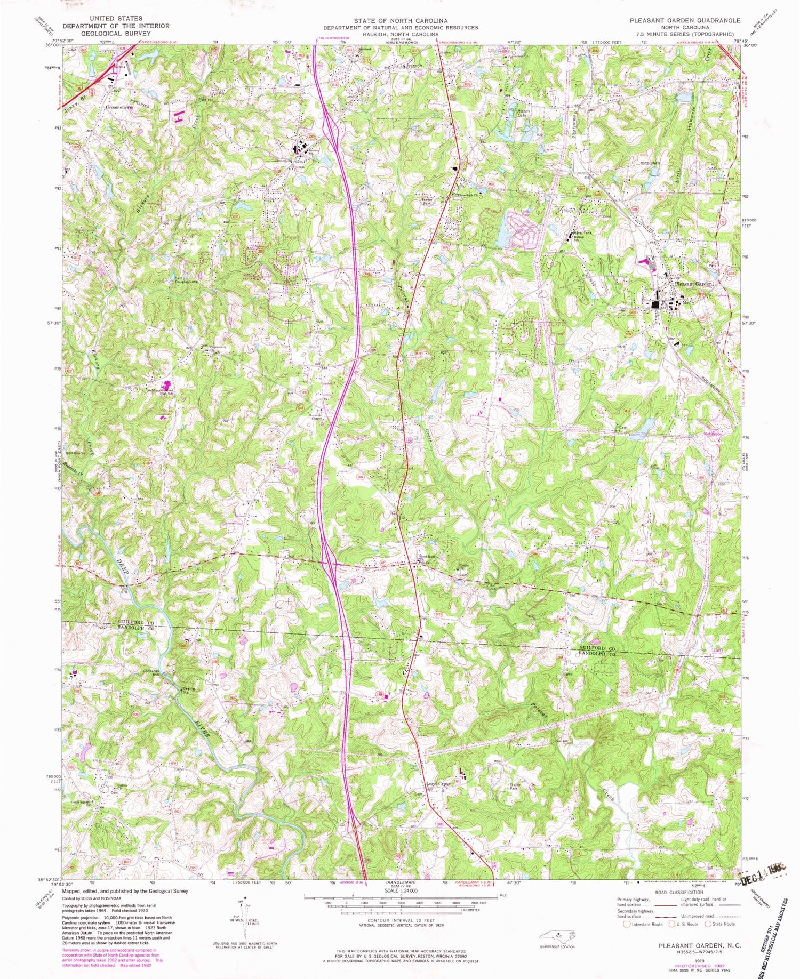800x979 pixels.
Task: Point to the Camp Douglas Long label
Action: pyautogui.click(x=186, y=279)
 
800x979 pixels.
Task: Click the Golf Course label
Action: pyautogui.click(x=76, y=453)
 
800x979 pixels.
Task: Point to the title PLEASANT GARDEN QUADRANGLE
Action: pyautogui.click(x=685, y=20)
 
